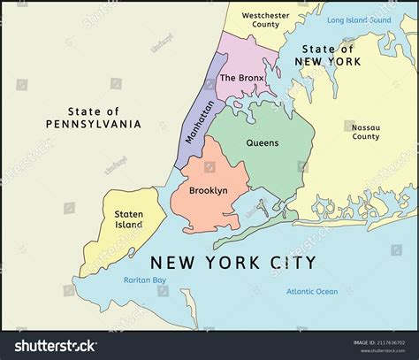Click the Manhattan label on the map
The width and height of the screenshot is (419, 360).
(200, 121)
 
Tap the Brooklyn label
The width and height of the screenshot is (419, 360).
(209, 190)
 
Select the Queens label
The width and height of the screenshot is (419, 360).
(262, 142)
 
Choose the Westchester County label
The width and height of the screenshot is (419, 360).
(261, 19)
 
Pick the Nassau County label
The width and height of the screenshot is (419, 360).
(365, 131)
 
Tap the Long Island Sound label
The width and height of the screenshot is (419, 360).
(358, 19)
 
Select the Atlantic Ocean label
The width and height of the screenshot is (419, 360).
(311, 291)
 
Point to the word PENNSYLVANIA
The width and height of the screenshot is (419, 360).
(93, 124)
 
